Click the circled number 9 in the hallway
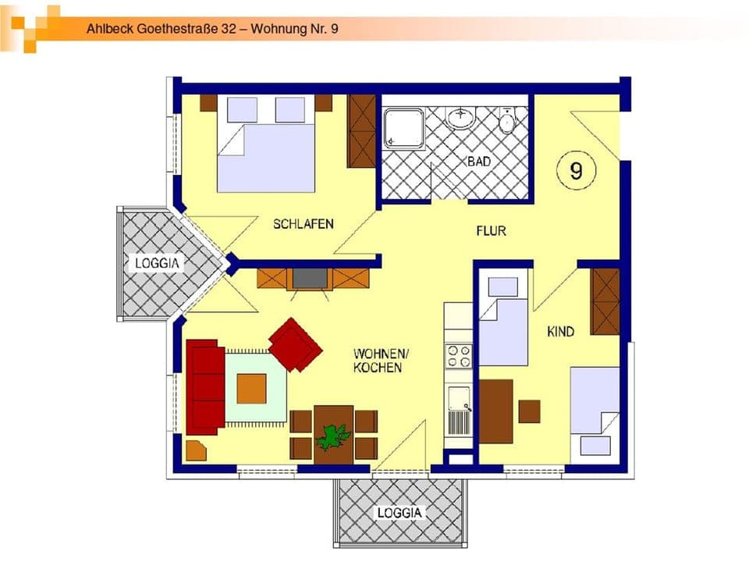pos(576,169)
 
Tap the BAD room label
pos(478,162)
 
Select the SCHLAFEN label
pos(303,224)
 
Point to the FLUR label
pos(492,231)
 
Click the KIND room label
pos(560,332)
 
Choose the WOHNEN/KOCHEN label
pos(378,360)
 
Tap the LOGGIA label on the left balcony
pos(157,263)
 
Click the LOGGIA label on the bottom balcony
pos(399,513)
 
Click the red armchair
pos(295,344)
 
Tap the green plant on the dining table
pos(334,436)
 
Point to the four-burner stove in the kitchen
pos(458,356)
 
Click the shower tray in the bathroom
pos(403,127)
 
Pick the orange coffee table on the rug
pos(251,388)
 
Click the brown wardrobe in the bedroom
pos(362,131)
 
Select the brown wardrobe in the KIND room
pos(605,301)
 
